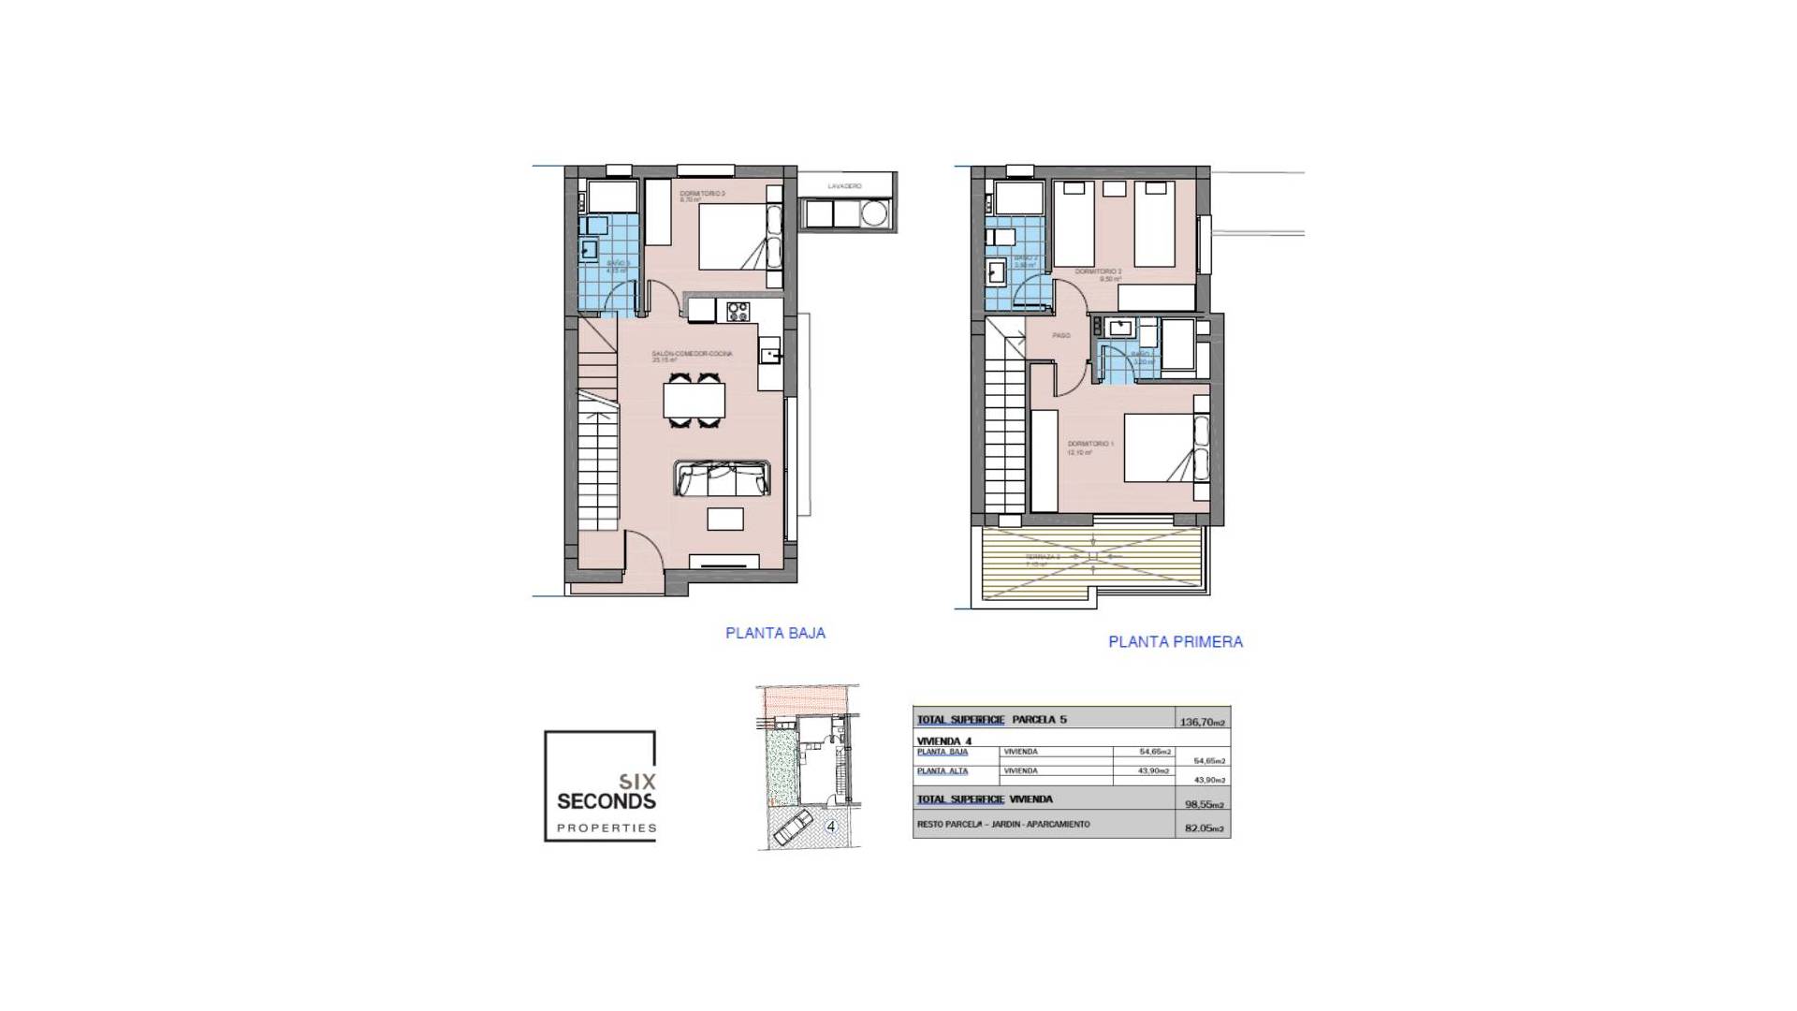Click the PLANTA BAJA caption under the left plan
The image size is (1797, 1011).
click(775, 633)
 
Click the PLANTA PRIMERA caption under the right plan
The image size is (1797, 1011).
click(1176, 642)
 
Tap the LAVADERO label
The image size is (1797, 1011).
click(844, 186)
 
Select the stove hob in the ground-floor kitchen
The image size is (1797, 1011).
click(738, 311)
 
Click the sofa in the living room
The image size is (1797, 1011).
click(722, 478)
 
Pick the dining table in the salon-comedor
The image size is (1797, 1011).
click(694, 401)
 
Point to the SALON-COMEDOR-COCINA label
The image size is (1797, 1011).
click(692, 354)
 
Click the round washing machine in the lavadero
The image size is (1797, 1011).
click(874, 215)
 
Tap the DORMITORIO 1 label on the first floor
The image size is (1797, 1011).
click(1090, 444)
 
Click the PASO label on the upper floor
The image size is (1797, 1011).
click(1060, 335)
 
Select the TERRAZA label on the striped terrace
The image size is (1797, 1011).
click(1042, 556)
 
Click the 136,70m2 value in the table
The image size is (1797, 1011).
click(1203, 722)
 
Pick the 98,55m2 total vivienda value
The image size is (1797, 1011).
click(1203, 804)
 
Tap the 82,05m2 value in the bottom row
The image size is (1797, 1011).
click(1203, 828)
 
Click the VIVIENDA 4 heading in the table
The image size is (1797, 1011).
click(944, 741)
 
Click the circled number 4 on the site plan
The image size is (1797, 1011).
click(831, 827)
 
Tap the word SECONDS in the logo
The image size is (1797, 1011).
click(606, 801)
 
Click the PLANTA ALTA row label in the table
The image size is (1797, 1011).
click(942, 771)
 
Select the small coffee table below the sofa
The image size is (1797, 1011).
click(725, 519)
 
